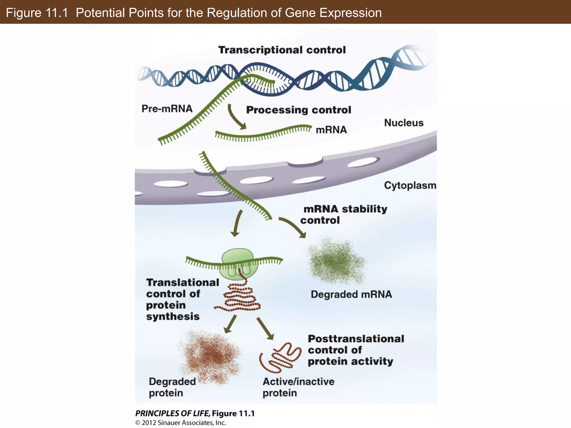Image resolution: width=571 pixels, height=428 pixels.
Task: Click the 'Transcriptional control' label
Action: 282,50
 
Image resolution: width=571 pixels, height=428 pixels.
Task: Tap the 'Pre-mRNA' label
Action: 167,108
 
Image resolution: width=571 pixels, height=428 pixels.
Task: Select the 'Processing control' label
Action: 298,110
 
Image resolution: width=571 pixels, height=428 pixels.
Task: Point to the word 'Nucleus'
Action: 403,123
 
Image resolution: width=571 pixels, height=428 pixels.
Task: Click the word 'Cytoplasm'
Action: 410,185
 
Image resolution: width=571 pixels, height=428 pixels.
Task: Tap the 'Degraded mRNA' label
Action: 351,294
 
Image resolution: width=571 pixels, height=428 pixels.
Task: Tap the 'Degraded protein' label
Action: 172,387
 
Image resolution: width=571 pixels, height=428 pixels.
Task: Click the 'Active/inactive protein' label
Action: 298,387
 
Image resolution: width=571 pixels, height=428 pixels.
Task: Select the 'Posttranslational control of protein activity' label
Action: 355,350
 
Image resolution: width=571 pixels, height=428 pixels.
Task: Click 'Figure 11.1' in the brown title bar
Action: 37,13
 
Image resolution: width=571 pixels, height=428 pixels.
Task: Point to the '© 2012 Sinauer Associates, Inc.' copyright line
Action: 180,423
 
